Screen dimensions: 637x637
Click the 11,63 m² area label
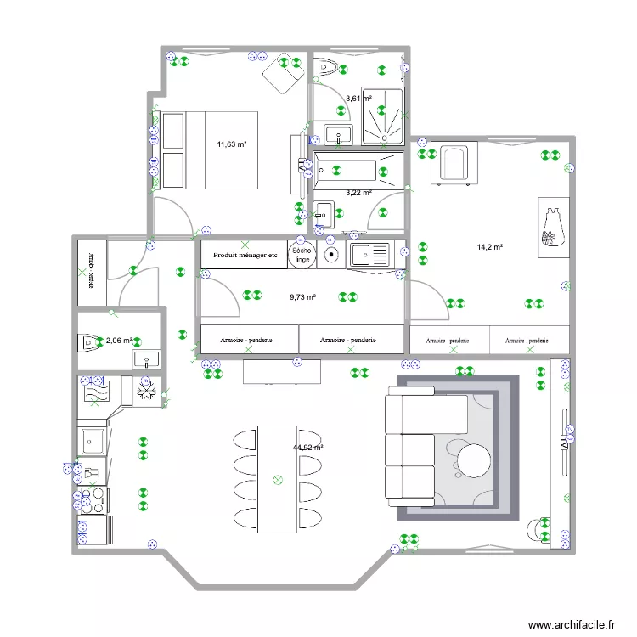click(231, 144)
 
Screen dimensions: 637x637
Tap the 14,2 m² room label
click(490, 247)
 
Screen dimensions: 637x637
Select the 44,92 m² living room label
click(307, 448)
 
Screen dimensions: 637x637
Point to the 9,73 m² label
click(302, 297)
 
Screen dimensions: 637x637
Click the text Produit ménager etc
click(245, 254)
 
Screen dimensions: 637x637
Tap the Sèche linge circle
click(302, 255)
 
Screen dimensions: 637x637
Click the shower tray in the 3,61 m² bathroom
click(382, 115)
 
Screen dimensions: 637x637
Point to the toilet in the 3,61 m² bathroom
click(327, 67)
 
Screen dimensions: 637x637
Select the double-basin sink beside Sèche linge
click(369, 253)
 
